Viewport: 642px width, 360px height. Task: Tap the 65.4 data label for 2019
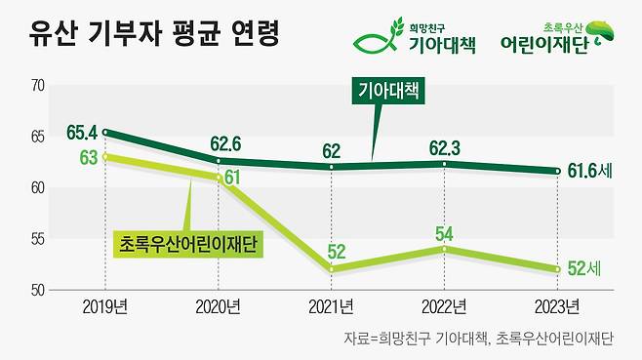(83, 131)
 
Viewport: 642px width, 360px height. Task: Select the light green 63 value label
(88, 158)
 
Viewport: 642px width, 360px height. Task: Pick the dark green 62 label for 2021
(332, 150)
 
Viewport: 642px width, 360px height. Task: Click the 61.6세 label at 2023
(589, 172)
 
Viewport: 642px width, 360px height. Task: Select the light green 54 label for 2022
(445, 234)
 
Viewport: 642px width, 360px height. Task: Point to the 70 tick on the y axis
(39, 86)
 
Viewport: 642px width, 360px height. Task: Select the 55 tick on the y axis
(39, 239)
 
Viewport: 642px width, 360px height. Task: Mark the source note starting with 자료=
(479, 340)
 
